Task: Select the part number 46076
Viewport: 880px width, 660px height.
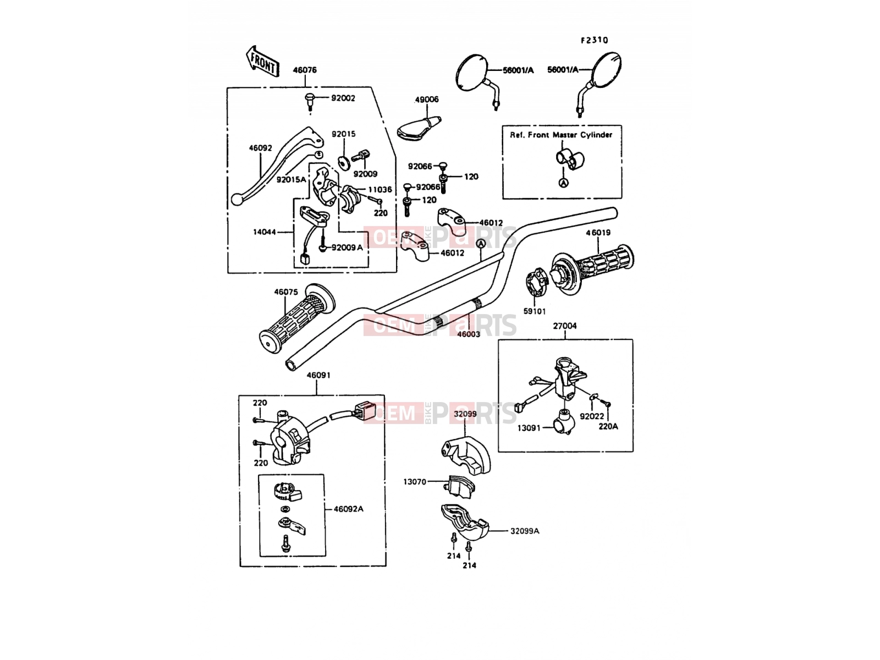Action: click(305, 70)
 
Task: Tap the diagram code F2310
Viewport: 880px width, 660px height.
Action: click(595, 40)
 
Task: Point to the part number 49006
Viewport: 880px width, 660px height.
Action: click(427, 100)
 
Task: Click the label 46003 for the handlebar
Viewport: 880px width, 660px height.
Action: click(469, 334)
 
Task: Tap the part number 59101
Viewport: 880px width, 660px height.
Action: click(535, 311)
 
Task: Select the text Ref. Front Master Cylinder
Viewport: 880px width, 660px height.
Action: click(561, 135)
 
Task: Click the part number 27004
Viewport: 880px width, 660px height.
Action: click(565, 326)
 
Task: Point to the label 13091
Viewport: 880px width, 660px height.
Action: click(529, 428)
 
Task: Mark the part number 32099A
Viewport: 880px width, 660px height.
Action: click(525, 531)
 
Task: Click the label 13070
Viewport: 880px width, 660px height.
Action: click(415, 482)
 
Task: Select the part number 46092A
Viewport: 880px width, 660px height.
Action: click(348, 509)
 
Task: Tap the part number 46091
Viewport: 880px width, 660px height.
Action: click(318, 376)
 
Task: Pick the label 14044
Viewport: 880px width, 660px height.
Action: click(265, 232)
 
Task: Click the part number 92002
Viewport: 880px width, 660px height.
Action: click(343, 98)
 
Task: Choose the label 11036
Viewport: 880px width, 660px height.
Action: click(380, 190)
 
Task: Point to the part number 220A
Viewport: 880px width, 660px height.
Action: click(608, 427)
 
